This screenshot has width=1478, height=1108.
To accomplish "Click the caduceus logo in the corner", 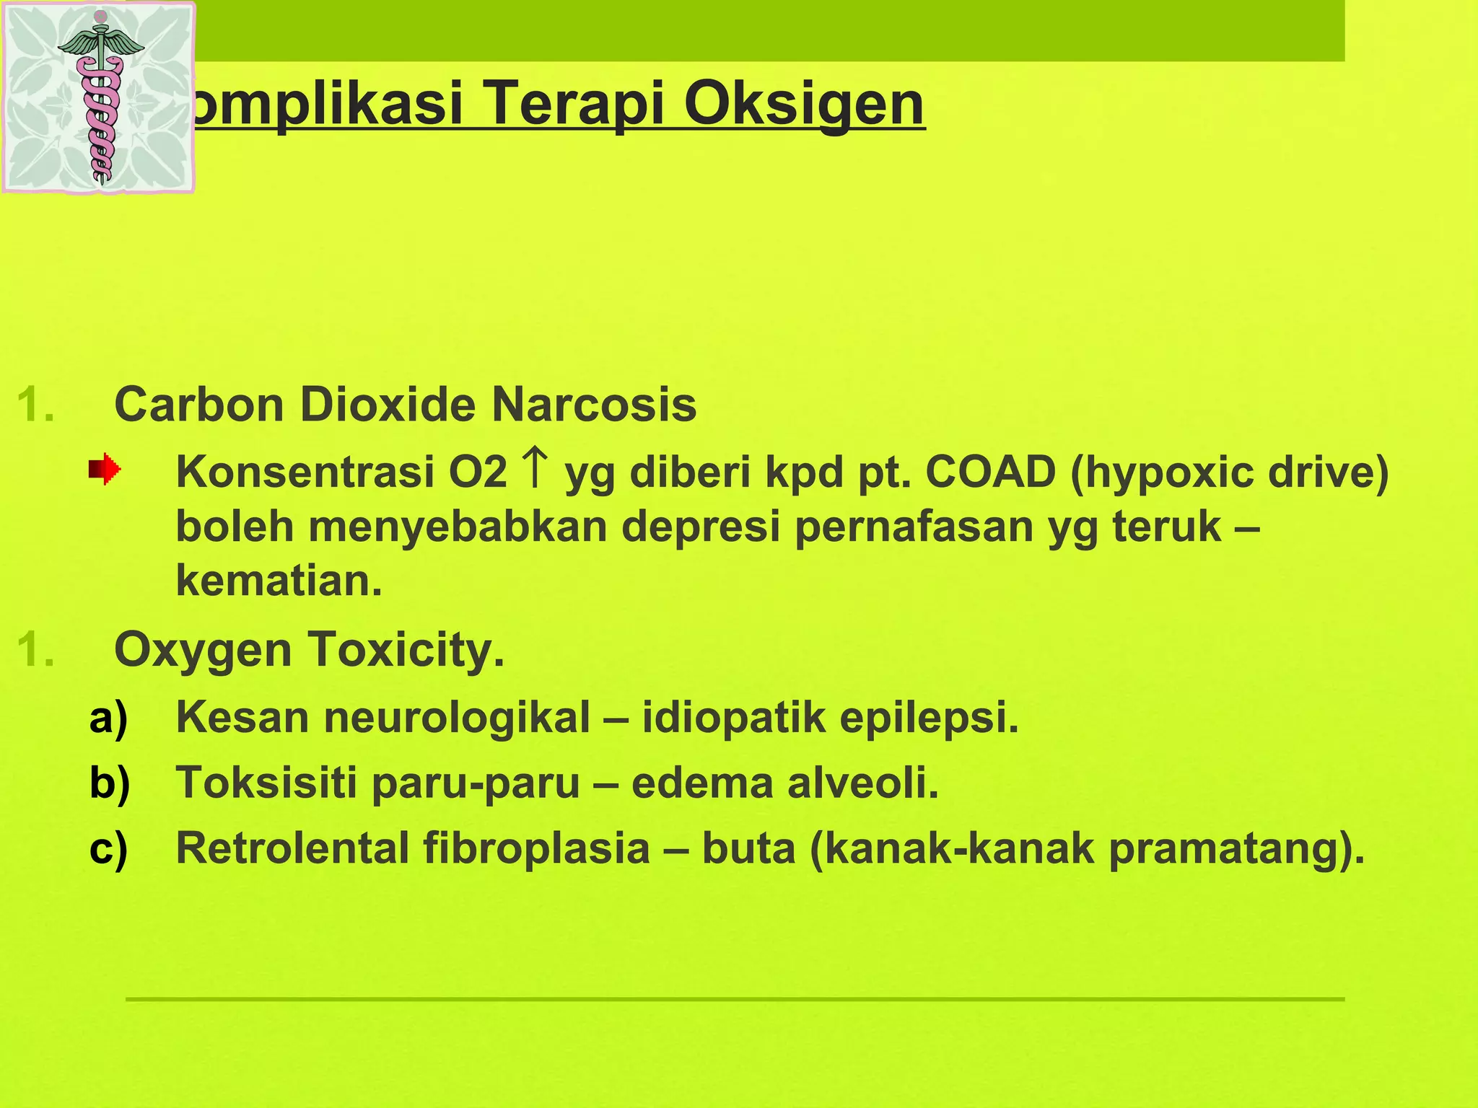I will [x=100, y=98].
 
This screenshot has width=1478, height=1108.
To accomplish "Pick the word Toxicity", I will [x=406, y=650].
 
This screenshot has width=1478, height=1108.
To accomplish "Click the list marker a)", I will [x=109, y=718].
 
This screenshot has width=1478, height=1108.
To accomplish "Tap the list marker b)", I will [x=110, y=783].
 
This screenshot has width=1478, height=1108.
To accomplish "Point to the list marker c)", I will [x=109, y=848].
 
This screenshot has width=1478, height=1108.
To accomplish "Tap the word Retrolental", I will [x=292, y=848].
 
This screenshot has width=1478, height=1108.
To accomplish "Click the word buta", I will [x=748, y=848].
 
